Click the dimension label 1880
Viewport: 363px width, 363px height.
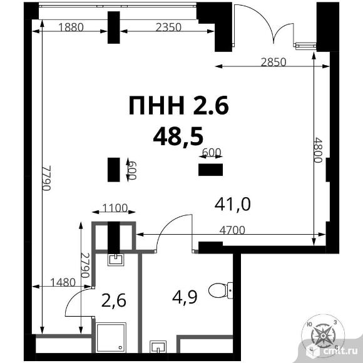click(71, 28)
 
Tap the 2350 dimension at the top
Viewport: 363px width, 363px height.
click(168, 28)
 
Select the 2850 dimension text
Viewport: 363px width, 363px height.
click(274, 63)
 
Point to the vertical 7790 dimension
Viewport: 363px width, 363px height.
click(46, 178)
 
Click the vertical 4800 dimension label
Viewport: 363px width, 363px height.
click(318, 150)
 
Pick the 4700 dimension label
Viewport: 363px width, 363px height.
click(232, 230)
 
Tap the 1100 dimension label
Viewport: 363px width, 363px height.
click(115, 208)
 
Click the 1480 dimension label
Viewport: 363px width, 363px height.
click(63, 282)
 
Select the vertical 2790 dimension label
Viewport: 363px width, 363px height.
click(85, 265)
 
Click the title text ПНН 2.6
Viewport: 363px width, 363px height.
click(179, 105)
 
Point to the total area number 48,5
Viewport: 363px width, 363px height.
click(178, 136)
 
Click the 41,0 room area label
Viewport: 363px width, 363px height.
click(232, 204)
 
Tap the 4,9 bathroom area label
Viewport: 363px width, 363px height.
click(185, 297)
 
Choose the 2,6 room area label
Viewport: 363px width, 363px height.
click(114, 300)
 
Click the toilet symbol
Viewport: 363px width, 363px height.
click(221, 290)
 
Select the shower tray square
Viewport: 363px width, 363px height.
click(111, 337)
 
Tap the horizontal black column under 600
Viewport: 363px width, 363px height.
click(211, 170)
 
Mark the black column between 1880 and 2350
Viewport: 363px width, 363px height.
click(114, 28)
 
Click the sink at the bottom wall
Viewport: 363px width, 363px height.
click(158, 347)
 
